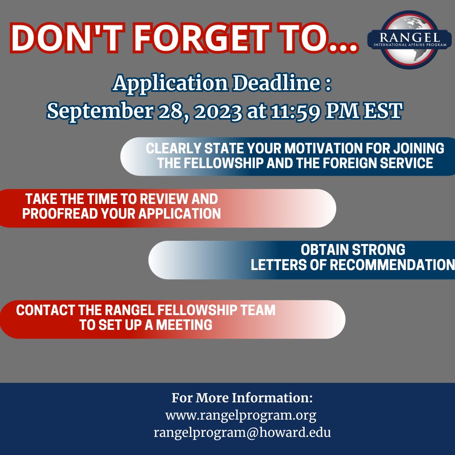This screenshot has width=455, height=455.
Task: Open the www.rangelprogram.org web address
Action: point(241,416)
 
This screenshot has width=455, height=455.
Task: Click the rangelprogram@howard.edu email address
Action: point(242,433)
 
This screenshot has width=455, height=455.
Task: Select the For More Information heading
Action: point(242,398)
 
